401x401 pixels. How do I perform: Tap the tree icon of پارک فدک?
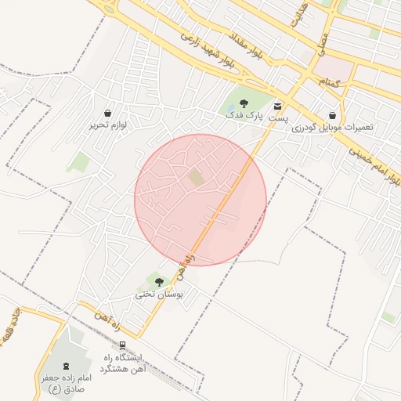click(244, 103)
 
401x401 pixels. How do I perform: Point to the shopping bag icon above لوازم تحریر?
click(107, 113)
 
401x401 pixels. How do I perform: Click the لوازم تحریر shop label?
click(107, 125)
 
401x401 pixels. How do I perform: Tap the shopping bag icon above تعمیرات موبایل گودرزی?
click(333, 114)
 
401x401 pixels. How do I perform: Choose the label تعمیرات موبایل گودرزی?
click(332, 127)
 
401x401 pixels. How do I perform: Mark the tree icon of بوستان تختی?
click(160, 281)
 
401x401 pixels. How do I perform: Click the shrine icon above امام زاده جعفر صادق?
click(66, 365)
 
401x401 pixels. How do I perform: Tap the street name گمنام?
click(329, 81)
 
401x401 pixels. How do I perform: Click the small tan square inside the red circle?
click(195, 179)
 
